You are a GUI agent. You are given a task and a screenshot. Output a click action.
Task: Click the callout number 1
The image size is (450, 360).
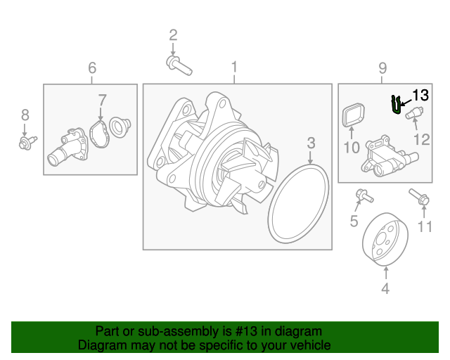pos(235,67)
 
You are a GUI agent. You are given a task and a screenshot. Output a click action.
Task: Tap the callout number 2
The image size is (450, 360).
pos(173,34)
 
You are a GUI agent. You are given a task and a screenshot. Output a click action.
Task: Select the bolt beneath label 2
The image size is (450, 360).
pos(179,65)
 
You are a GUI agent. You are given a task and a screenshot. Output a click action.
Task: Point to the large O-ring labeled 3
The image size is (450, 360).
pos(301,203)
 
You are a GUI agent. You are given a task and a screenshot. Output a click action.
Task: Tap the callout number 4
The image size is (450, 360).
pos(385,288)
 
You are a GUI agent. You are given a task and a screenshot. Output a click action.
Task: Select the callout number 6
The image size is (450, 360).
pos(91,67)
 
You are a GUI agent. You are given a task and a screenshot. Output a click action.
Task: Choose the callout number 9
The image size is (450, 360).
pos(383,67)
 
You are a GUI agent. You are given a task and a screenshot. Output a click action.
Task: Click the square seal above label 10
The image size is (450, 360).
pos(352,115)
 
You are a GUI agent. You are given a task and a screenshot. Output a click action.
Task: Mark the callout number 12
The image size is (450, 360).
pos(421,139)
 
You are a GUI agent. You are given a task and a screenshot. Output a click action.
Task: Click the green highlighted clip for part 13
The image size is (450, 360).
pos(397,104)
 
